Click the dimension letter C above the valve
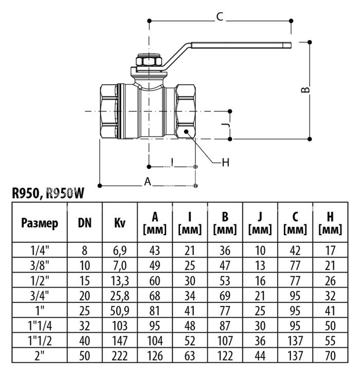220,17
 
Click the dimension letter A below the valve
148,182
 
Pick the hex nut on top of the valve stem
150,63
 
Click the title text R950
26,193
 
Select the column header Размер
40,223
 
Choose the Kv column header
119,223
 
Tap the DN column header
85,223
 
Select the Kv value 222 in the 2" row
119,355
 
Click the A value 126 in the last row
155,355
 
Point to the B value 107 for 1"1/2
225,340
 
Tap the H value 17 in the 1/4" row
331,251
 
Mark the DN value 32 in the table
85,325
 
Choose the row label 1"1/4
40,325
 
